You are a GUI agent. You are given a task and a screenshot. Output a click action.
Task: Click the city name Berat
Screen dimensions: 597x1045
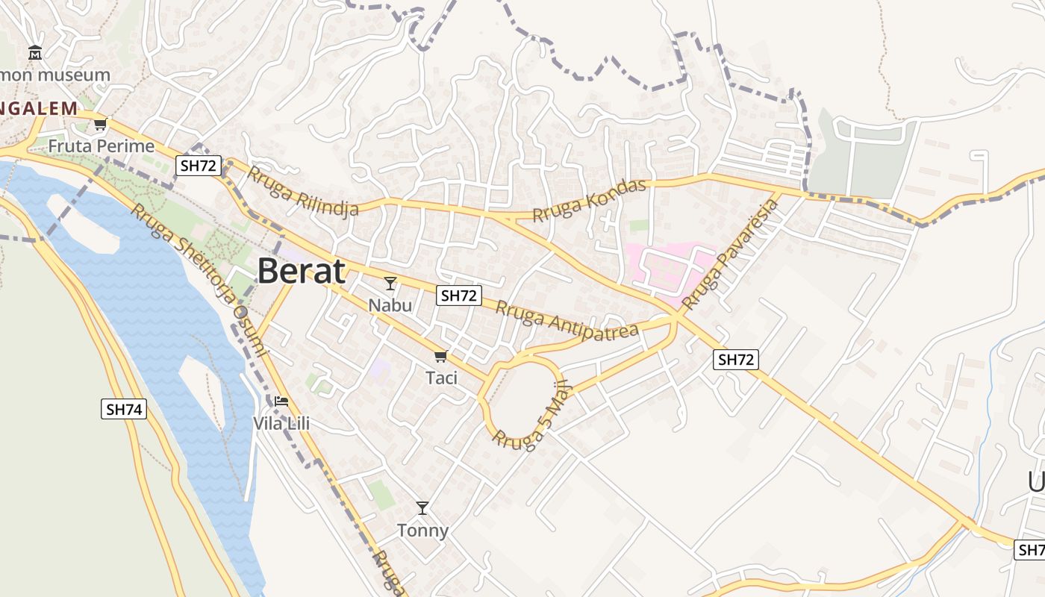(x=302, y=272)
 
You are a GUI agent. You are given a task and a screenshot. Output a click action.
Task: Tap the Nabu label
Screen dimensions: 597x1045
(x=390, y=305)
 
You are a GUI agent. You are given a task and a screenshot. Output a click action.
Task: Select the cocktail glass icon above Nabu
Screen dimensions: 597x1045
(x=390, y=283)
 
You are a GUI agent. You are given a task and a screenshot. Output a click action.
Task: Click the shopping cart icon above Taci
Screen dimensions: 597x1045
(x=441, y=356)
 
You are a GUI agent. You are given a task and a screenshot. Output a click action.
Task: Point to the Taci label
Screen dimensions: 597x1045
(x=441, y=378)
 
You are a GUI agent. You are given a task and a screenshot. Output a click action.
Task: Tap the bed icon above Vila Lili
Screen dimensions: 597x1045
(x=281, y=401)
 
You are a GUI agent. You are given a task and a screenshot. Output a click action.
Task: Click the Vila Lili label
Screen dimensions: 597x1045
(x=281, y=424)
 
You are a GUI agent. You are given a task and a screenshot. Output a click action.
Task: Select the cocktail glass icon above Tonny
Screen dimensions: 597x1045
(x=422, y=508)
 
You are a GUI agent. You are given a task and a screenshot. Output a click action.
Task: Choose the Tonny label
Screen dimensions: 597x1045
(x=422, y=531)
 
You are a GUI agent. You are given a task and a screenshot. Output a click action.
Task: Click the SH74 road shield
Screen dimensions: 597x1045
(x=125, y=409)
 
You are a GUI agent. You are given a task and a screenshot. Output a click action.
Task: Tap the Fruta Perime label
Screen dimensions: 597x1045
(x=102, y=146)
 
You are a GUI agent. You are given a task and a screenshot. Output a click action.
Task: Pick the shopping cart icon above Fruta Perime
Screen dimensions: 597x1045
(x=101, y=123)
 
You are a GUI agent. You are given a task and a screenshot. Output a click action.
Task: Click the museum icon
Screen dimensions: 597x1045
(x=35, y=53)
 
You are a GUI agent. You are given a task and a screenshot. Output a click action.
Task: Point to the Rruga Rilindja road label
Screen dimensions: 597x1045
(x=302, y=192)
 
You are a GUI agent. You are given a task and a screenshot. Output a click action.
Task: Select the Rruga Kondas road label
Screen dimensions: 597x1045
(x=589, y=200)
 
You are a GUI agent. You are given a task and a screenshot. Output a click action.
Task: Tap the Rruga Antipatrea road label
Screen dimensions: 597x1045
(x=567, y=318)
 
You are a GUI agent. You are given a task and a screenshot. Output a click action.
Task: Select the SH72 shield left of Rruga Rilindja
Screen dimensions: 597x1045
(x=199, y=166)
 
